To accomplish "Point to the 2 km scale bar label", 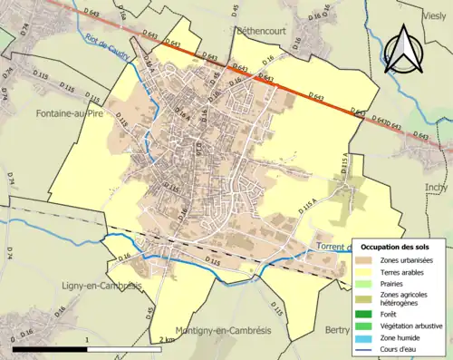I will pos(165,340).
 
